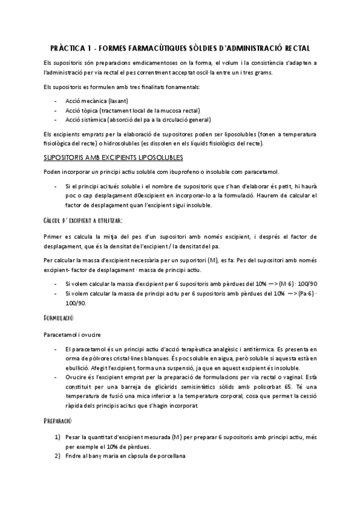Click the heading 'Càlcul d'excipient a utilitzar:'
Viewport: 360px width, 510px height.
tap(82, 221)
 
